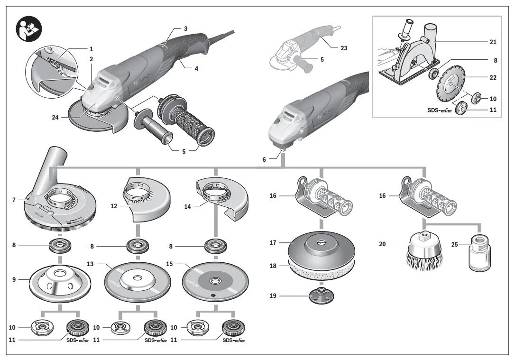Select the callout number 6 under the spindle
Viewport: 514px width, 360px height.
tap(264, 160)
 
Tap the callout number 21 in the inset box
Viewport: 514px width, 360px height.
tap(493, 42)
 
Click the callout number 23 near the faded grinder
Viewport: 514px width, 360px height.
tap(344, 48)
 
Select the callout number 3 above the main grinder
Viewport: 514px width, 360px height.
tap(185, 29)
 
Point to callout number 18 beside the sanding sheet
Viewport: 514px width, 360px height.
tap(273, 266)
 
